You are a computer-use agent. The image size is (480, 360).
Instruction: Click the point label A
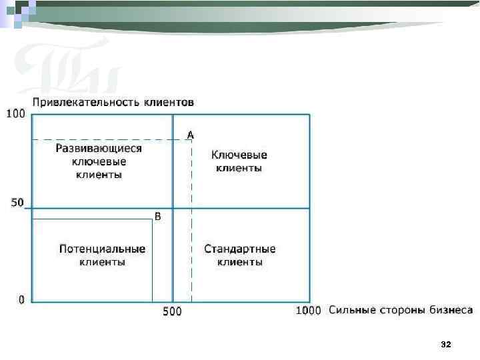[191, 135]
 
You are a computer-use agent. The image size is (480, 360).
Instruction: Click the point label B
[158, 217]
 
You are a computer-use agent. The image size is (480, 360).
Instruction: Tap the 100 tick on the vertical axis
[15, 114]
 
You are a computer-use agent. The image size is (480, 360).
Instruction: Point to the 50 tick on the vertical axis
[17, 202]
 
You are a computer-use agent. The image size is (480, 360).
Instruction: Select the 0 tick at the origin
[22, 300]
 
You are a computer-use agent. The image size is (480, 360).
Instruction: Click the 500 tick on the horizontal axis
[173, 311]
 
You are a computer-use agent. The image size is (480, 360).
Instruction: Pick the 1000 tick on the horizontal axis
[309, 310]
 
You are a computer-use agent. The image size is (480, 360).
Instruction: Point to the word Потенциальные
[102, 249]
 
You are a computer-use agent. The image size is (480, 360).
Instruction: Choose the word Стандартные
[240, 249]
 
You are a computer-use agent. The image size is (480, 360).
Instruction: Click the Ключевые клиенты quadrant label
[239, 161]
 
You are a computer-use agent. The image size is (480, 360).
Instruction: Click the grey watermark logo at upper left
[67, 67]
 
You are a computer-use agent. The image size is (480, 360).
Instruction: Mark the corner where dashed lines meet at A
[191, 139]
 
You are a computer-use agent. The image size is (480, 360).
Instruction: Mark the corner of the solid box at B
[152, 219]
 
